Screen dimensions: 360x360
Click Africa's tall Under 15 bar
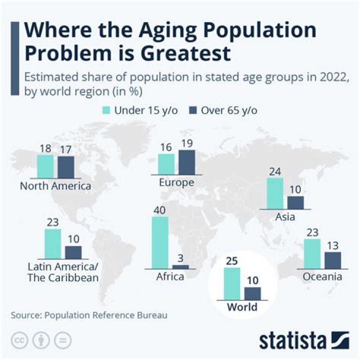pyautogui.click(x=160, y=243)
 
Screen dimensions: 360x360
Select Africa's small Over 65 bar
pyautogui.click(x=180, y=267)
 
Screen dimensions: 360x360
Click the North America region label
pyautogui.click(x=55, y=186)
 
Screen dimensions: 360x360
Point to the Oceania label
pyautogui.click(x=322, y=276)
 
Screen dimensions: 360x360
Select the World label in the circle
pyautogui.click(x=242, y=306)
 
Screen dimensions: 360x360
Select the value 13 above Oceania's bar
pyautogui.click(x=332, y=246)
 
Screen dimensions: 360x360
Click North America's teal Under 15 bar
pyautogui.click(x=45, y=166)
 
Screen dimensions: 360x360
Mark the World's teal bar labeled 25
pyautogui.click(x=232, y=283)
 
